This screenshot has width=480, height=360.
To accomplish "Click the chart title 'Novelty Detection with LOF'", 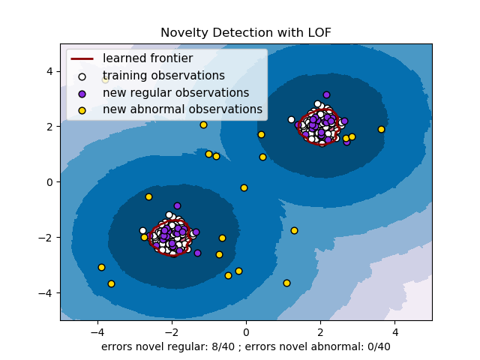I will pos(245,33).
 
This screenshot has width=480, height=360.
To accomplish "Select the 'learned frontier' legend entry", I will pos(148,58).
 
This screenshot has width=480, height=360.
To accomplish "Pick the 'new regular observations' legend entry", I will pos(175,93).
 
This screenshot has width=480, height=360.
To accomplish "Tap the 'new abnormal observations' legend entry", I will pos(182,109).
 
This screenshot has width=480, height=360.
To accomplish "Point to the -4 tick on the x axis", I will pos(97,331).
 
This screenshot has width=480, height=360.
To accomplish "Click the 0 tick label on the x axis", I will pos(246,331).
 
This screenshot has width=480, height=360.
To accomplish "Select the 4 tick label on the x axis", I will pos(394,331).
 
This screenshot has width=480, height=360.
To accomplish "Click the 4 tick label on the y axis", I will pos(49,71).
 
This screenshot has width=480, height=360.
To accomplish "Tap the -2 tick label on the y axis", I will pos(46,238).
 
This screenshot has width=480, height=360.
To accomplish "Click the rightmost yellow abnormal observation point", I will pos(381,129).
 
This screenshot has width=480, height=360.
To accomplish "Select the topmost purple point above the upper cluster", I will pos(326,94).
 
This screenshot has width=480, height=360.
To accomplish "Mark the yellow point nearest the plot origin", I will pos(244,187).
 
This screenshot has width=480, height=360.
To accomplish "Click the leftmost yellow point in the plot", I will pos(101,267).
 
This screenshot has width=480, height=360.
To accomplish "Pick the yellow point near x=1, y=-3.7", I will pos(286,283).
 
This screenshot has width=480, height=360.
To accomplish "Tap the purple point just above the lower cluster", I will pos(177,205).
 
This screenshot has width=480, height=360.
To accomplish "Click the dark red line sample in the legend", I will pos(82,58).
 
